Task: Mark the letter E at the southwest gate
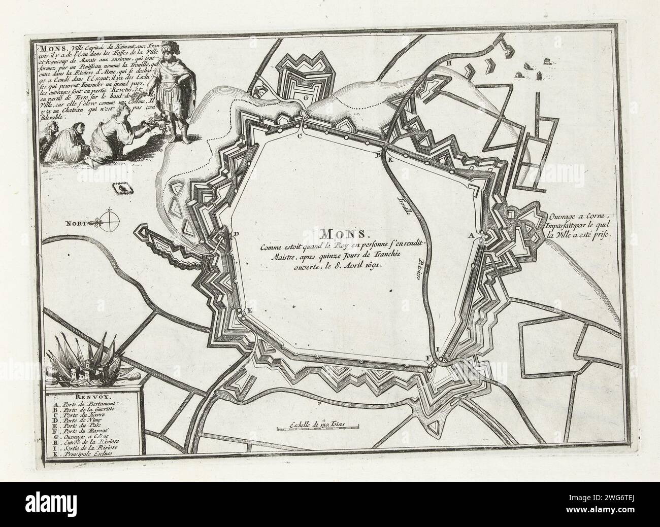point(249,311)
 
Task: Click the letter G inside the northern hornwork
point(306,96)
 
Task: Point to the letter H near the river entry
point(449,63)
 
